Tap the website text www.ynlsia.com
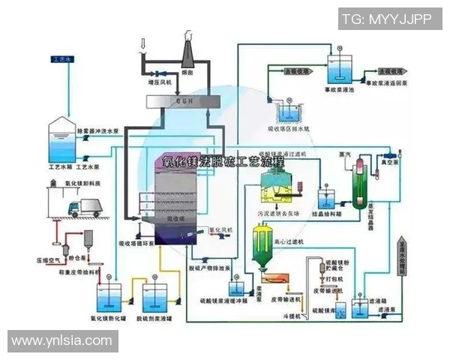tap(61, 341)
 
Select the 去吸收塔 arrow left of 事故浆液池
tap(295, 71)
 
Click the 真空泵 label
tap(388, 160)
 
